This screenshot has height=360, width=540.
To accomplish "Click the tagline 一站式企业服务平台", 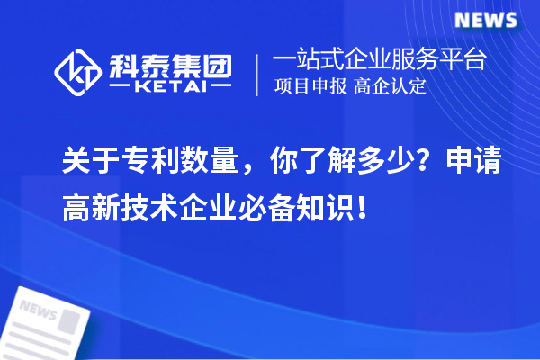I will (x=381, y=61).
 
